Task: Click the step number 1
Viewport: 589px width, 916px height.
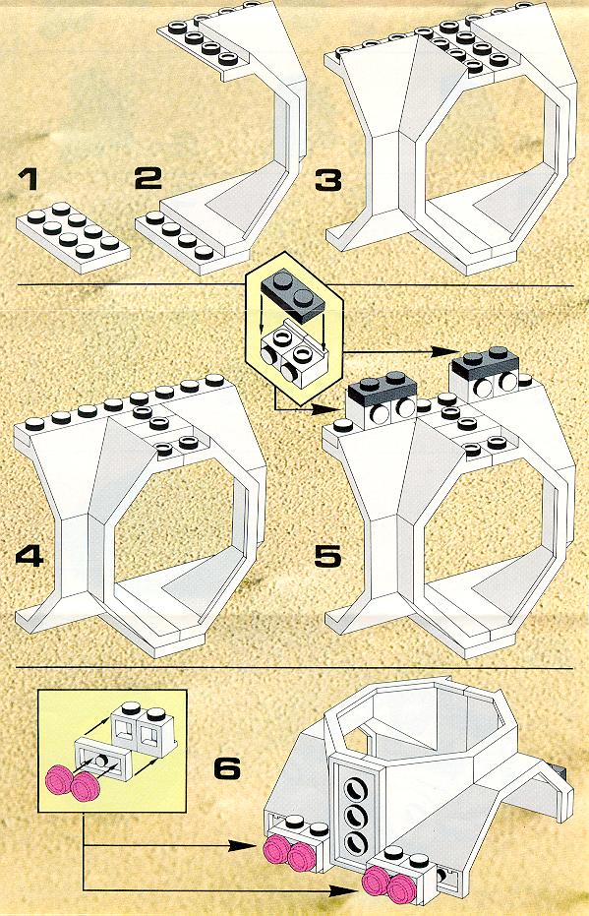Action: (x=28, y=180)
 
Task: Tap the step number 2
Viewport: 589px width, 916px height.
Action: (x=147, y=177)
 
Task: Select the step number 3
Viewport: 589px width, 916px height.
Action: (x=328, y=180)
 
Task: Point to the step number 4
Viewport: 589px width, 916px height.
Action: (x=29, y=556)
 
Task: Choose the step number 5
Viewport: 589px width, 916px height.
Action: (x=327, y=556)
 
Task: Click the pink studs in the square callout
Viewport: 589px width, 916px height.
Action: (x=71, y=784)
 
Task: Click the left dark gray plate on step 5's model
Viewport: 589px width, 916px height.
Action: (x=382, y=387)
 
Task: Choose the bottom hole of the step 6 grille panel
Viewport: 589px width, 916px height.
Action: (x=354, y=841)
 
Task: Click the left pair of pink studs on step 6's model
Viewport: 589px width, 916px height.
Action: (x=289, y=854)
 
